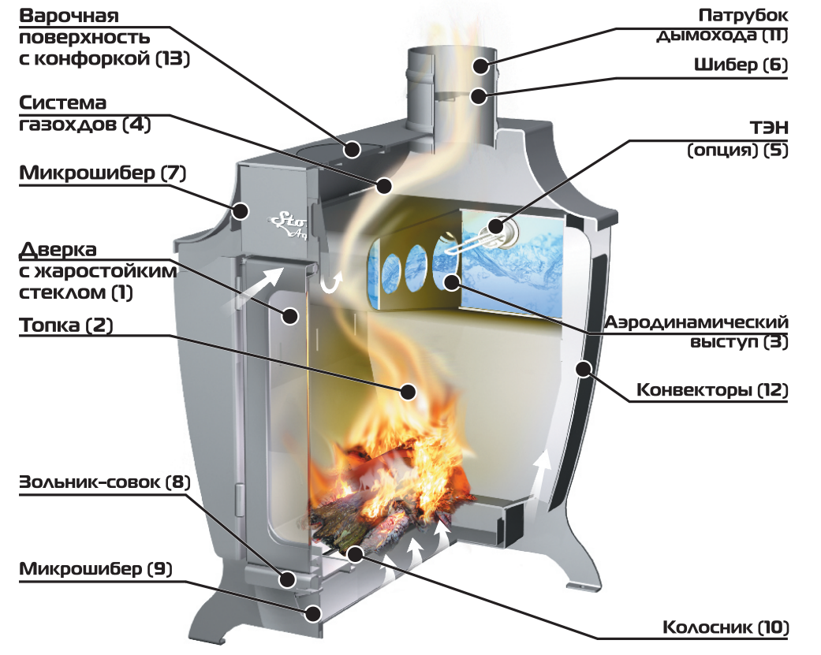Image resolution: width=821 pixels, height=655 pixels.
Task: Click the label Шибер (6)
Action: tap(741, 65)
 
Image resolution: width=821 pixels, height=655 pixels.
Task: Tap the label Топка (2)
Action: tap(66, 326)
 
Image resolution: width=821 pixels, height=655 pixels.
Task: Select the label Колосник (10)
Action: tap(726, 627)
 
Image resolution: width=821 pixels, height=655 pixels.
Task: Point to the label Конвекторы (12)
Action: tap(712, 389)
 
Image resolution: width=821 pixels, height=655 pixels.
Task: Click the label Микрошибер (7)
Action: tap(103, 173)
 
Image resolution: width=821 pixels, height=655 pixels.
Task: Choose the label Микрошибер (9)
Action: tap(95, 568)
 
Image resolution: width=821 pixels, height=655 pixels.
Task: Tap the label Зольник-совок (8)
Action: tap(105, 482)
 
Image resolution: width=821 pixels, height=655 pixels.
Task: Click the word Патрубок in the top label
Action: tap(743, 16)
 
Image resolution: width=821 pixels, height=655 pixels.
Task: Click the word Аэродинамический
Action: tap(696, 322)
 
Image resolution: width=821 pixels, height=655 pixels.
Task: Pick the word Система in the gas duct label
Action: tap(63, 102)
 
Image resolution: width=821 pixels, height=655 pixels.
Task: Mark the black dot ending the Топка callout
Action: tap(408, 391)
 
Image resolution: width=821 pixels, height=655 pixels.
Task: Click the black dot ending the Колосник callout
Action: tap(355, 553)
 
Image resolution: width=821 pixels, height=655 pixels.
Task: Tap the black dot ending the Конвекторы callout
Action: tap(583, 370)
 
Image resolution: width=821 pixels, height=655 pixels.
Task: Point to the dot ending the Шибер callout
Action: tap(479, 96)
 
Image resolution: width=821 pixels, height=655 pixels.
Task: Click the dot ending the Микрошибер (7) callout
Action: tap(241, 210)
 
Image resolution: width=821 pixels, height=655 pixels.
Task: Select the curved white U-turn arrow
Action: tap(332, 282)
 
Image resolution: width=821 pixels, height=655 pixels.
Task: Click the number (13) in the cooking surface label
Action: tap(173, 58)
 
